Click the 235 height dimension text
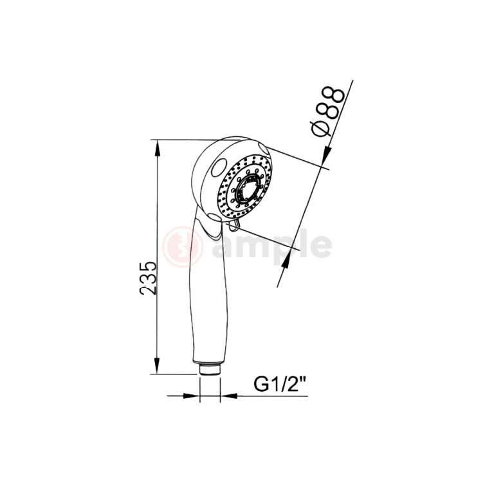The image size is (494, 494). (149, 278)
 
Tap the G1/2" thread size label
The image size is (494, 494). (279, 384)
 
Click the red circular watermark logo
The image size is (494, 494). (183, 246)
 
